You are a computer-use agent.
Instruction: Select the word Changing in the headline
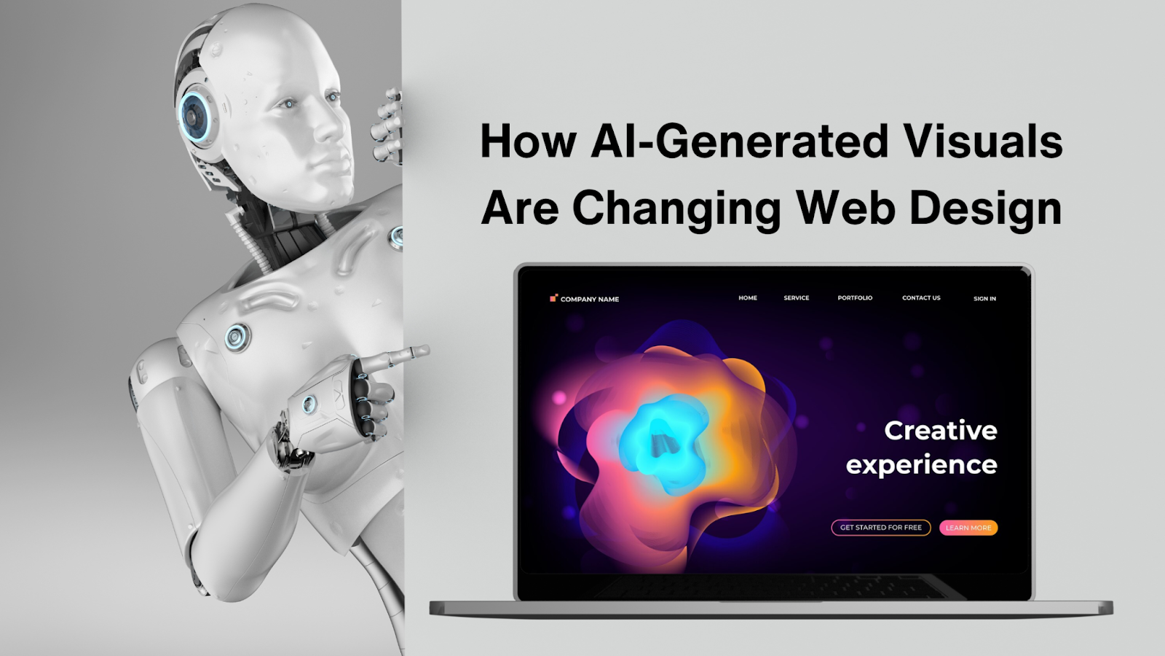tap(676, 210)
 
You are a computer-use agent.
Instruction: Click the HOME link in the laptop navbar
tap(748, 298)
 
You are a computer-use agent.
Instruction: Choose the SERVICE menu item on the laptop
tap(797, 298)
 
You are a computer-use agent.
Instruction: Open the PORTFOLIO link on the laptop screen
tap(855, 298)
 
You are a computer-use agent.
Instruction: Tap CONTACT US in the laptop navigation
tap(921, 298)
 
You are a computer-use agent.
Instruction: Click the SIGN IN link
tap(984, 299)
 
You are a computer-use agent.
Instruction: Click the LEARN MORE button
tap(968, 528)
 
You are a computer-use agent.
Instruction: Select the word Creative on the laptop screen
tap(940, 431)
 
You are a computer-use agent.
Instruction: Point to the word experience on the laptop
tap(921, 465)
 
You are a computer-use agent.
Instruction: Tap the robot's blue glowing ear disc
tap(194, 114)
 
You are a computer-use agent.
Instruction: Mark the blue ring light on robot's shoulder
tap(236, 337)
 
